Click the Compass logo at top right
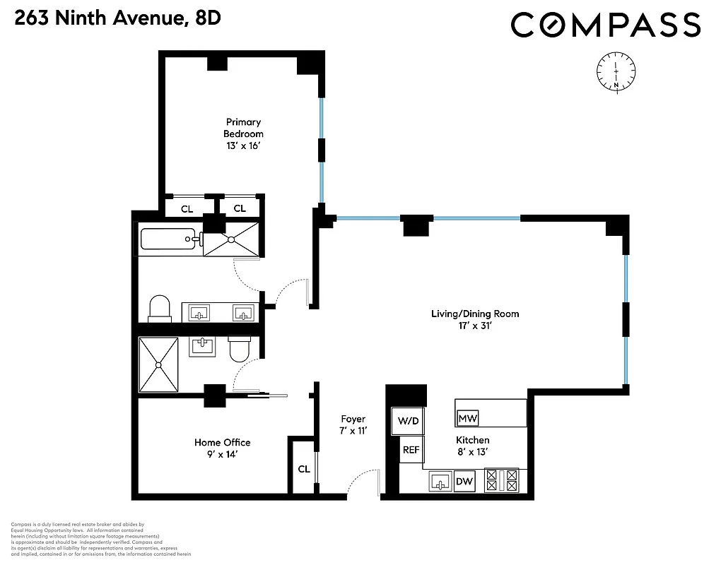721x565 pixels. (606, 25)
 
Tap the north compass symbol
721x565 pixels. (616, 71)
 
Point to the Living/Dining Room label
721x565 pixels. (470, 320)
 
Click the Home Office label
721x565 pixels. (222, 448)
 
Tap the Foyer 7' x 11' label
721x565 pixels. (353, 424)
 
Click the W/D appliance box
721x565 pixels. (408, 421)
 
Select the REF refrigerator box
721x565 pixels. (411, 449)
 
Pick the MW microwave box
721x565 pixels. (468, 418)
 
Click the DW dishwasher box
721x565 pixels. (464, 482)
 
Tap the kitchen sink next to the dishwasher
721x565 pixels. (441, 483)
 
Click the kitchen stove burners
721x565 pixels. (500, 480)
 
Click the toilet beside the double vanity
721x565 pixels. (160, 309)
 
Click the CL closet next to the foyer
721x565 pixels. (303, 468)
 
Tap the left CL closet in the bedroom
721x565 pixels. (187, 208)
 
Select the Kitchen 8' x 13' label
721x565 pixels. (472, 446)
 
